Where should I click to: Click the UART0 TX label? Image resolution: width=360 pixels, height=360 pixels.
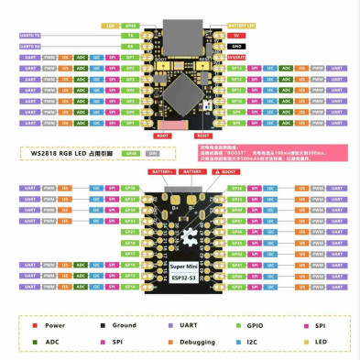(x=29, y=36)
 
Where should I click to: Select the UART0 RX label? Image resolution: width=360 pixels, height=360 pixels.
(x=29, y=45)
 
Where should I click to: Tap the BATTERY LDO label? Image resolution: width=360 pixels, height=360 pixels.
(x=241, y=27)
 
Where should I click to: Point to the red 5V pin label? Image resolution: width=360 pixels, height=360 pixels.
(x=236, y=36)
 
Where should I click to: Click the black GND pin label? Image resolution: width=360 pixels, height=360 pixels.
(x=236, y=45)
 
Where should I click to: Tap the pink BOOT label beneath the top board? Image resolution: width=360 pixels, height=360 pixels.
(x=163, y=134)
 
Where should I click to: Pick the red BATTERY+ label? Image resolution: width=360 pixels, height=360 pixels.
(x=163, y=170)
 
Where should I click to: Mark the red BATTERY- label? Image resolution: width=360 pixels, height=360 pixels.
(x=193, y=170)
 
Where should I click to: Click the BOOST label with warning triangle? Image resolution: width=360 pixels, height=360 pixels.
(x=224, y=170)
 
